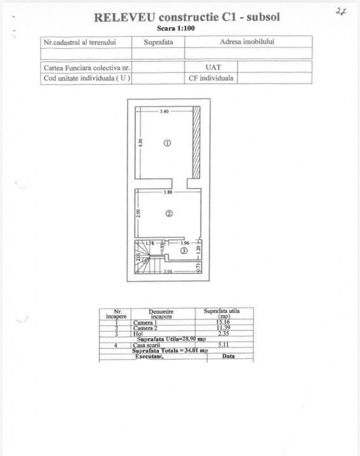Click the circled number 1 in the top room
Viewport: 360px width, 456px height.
coord(167,143)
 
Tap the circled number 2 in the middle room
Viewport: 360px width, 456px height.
coord(169,213)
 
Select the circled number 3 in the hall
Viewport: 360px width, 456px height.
coord(183,251)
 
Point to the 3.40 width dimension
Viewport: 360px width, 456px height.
coord(164,111)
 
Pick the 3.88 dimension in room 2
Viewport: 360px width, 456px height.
coord(168,192)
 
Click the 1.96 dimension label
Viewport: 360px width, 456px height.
coord(185,243)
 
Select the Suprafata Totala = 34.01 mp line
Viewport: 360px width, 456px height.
coord(169,350)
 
